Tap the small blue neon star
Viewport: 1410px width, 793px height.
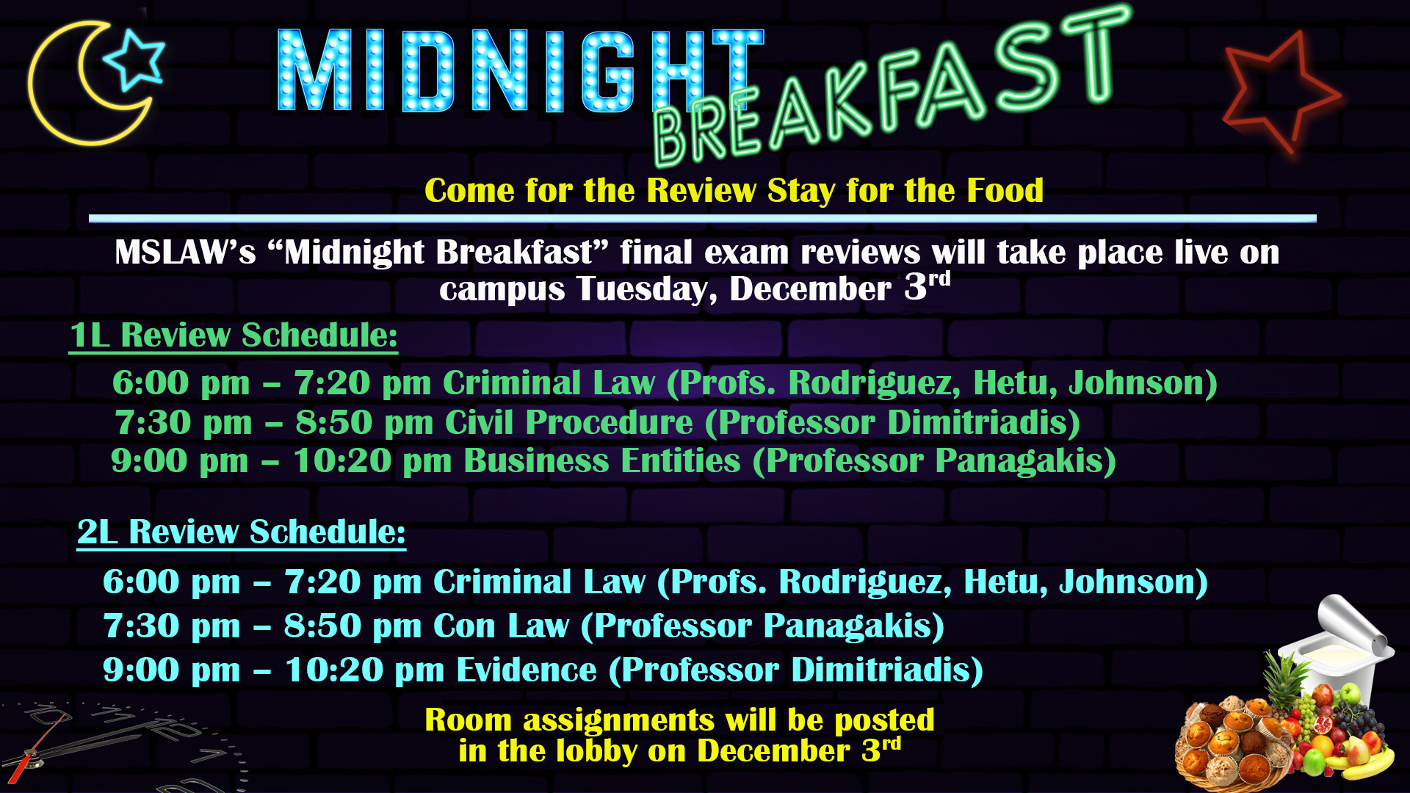click(134, 59)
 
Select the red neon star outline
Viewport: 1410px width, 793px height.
click(1281, 92)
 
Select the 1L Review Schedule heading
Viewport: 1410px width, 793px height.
click(234, 336)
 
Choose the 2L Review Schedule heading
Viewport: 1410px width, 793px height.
click(241, 532)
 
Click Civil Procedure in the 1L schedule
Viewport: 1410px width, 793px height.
click(569, 422)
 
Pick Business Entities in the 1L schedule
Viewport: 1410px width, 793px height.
click(602, 461)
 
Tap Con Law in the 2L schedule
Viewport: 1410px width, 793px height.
click(501, 626)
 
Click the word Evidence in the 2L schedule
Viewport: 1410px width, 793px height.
click(527, 670)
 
